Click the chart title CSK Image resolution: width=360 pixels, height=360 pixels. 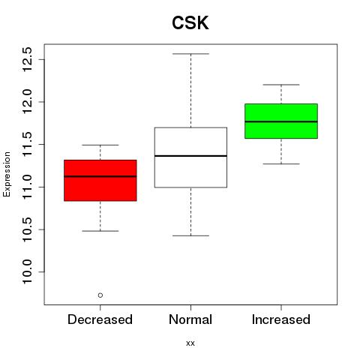pyautogui.click(x=190, y=22)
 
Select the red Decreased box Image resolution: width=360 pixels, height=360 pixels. pyautogui.click(x=100, y=180)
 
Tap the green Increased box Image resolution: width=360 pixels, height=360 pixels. pyautogui.click(x=281, y=121)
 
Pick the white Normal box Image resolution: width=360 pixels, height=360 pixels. pyautogui.click(x=190, y=157)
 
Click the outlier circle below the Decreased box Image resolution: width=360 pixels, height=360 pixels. pyautogui.click(x=100, y=295)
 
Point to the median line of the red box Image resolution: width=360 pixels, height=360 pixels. pyautogui.click(x=100, y=176)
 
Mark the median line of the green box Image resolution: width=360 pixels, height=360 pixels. pyautogui.click(x=281, y=121)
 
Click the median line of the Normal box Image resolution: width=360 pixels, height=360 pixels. pyautogui.click(x=190, y=156)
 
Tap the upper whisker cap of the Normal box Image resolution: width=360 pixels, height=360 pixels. pyautogui.click(x=190, y=54)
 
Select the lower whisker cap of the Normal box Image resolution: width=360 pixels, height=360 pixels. pyautogui.click(x=190, y=235)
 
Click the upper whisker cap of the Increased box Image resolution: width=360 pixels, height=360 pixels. pyautogui.click(x=281, y=85)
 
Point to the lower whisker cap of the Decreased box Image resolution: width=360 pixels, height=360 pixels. pyautogui.click(x=100, y=231)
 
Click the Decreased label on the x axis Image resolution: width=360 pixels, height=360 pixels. pyautogui.click(x=100, y=319)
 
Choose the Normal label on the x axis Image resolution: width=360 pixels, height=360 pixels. pyautogui.click(x=190, y=319)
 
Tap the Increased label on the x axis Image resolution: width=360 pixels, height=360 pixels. pyautogui.click(x=281, y=319)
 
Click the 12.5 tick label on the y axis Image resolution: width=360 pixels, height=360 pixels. pyautogui.click(x=27, y=59)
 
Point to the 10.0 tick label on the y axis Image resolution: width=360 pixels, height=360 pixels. pyautogui.click(x=27, y=271)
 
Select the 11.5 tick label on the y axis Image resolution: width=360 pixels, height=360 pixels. pyautogui.click(x=27, y=145)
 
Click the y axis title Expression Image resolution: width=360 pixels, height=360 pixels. pyautogui.click(x=7, y=174)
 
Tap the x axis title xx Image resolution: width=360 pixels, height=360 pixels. pyautogui.click(x=190, y=343)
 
